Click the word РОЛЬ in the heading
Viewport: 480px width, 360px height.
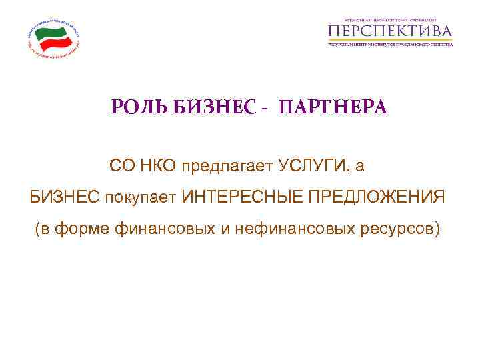[135, 107]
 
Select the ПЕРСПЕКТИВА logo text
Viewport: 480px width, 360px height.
[391, 31]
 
